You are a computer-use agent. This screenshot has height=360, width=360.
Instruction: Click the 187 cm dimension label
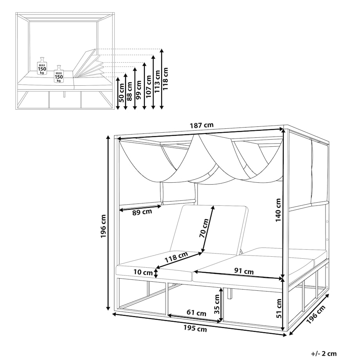tap(202, 125)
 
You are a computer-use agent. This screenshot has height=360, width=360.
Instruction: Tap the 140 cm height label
tap(278, 210)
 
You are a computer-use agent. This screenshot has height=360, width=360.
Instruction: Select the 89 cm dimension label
tap(142, 212)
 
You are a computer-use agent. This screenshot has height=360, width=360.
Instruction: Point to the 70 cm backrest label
tap(204, 229)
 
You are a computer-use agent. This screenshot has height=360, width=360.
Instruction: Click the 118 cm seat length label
tap(176, 257)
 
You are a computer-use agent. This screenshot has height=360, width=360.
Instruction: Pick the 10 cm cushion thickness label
tap(143, 272)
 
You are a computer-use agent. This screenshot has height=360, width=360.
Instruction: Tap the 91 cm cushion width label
tap(244, 272)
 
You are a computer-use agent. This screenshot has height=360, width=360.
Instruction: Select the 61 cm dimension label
tap(196, 313)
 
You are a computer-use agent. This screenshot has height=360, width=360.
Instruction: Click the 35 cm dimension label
tap(217, 304)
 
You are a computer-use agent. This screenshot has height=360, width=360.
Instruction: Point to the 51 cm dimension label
tap(279, 308)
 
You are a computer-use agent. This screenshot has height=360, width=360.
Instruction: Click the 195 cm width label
tap(195, 329)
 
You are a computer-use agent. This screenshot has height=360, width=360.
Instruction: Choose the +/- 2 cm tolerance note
tap(324, 354)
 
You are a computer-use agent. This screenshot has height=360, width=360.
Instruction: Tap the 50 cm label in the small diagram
tap(122, 93)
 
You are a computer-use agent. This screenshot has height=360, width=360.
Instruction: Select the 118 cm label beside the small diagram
tap(165, 79)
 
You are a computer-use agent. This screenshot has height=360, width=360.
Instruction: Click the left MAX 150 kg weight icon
tap(42, 66)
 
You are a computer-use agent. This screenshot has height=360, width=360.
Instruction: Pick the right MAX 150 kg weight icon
tap(59, 74)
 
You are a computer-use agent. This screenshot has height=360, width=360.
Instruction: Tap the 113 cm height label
tap(157, 81)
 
